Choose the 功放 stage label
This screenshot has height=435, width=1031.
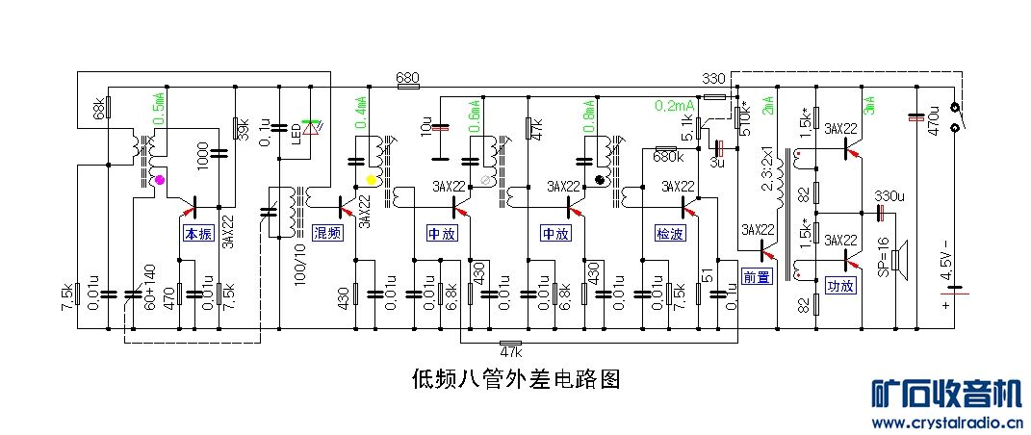point(840,285)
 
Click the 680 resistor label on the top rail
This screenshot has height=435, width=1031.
point(407,77)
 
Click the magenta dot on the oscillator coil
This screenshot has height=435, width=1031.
point(160,180)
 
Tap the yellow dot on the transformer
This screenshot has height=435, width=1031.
point(371,181)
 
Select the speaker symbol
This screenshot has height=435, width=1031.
point(898,260)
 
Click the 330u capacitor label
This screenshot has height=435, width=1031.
point(889,196)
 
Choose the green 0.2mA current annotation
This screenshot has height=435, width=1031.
point(674,105)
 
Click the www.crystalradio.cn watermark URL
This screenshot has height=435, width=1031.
point(945,422)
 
